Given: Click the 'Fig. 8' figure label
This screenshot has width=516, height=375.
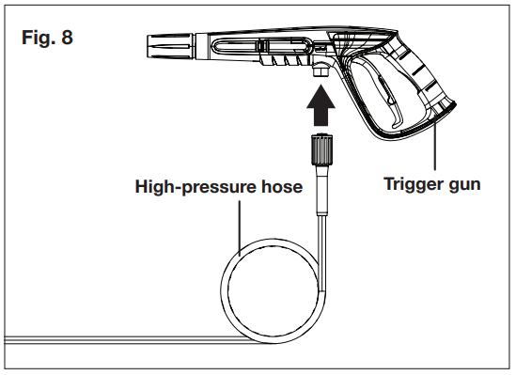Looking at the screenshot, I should point(46,43).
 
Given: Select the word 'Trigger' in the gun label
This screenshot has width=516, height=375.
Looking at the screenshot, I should point(407,184).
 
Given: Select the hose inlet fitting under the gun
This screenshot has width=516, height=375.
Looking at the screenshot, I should point(322,70).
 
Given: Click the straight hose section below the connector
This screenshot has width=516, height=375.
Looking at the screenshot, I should point(321,197).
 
